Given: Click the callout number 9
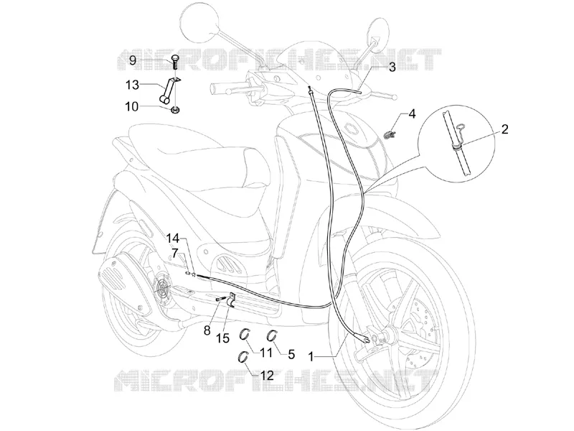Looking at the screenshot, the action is pos(133,60).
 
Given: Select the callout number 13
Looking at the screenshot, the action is pos(132,85).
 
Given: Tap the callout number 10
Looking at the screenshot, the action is pos(132,107).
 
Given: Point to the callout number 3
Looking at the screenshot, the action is pos(392,67).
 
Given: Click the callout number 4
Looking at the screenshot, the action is pos(412,113).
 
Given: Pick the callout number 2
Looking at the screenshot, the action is pos(505,129).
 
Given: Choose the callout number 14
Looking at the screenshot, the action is pos(173,238).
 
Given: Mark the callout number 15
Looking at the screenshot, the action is pos(222,338).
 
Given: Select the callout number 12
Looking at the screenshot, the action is pos(266,375).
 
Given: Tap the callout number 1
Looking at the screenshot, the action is pos(311,356).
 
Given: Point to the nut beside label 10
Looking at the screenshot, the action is pos(175,109).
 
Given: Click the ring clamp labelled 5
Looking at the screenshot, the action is pos(271,335).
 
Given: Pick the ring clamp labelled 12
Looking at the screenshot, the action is pos(243,356).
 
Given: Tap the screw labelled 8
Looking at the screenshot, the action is pos(220,300).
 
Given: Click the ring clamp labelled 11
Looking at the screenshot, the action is pos(245,334).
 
